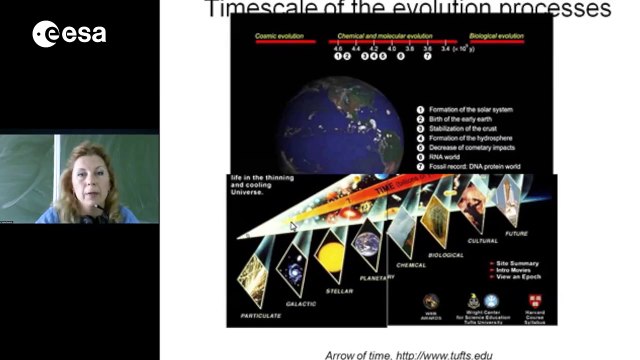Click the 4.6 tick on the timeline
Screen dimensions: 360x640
click(338, 47)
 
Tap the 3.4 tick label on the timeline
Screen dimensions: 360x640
click(445, 47)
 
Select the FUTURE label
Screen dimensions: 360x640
click(517, 234)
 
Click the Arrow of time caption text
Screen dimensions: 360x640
click(408, 353)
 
